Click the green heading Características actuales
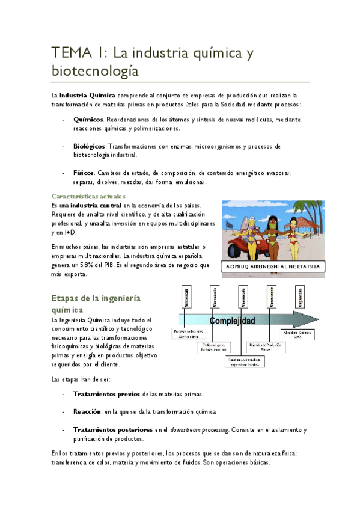[x=88, y=197]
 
